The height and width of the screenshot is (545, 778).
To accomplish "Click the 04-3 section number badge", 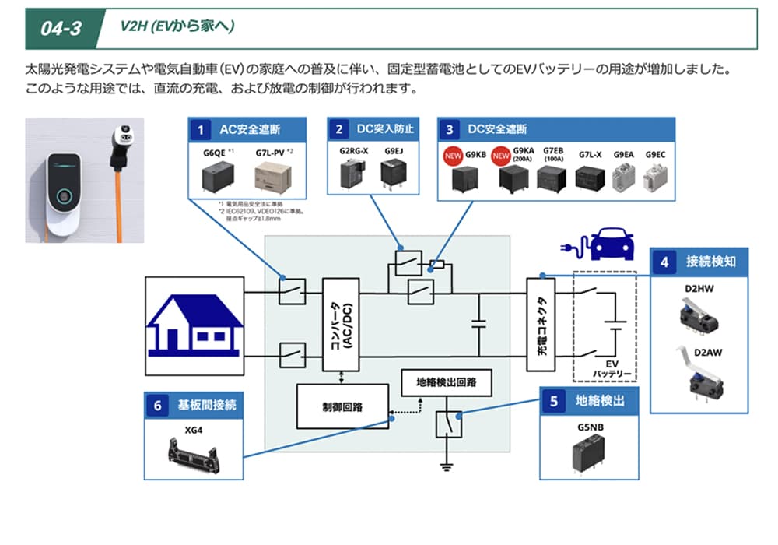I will [x=62, y=28].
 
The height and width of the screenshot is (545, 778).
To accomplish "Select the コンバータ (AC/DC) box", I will [x=340, y=325].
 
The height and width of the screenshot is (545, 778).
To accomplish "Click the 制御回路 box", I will [x=343, y=406].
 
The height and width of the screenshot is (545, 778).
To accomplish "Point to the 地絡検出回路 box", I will [x=446, y=382].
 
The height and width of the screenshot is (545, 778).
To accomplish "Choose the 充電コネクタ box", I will [x=543, y=325].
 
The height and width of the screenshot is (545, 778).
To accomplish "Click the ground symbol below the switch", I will [x=447, y=466].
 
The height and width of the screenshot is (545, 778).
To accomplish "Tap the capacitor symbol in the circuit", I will [x=478, y=325].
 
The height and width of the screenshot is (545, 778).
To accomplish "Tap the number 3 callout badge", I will [x=450, y=128].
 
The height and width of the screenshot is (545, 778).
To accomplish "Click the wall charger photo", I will [x=85, y=180].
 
